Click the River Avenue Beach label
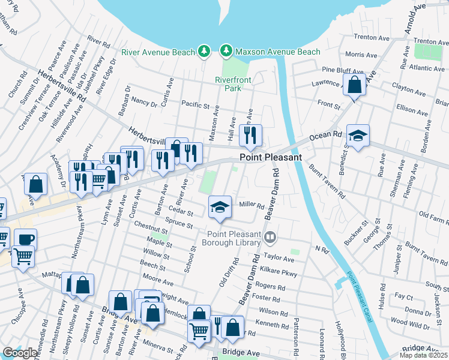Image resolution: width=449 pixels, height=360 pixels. tap(158, 52)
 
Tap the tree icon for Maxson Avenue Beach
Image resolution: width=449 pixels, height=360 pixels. tap(226, 52)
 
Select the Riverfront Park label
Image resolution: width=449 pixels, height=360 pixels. tap(228, 83)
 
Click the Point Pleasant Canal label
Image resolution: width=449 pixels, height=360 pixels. tap(360, 298)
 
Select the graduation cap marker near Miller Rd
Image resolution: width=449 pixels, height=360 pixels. tap(220, 207)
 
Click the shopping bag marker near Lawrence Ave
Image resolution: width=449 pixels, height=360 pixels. tap(354, 85)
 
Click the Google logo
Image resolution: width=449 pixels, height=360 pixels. tap(20, 353)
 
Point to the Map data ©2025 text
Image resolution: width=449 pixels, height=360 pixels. tap(423, 355)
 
